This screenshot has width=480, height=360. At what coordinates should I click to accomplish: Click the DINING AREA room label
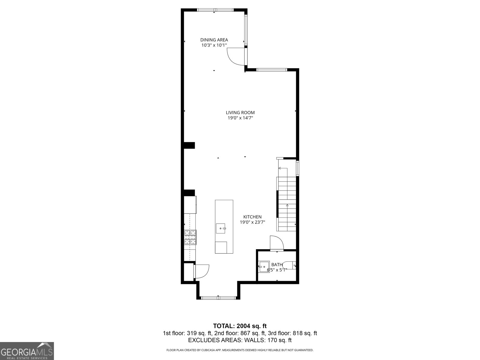[x=214, y=40]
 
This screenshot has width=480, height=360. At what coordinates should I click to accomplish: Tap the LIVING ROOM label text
[x=240, y=112]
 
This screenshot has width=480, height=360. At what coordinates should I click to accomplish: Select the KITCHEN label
[x=252, y=217]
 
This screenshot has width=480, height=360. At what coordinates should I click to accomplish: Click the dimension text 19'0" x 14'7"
[x=240, y=118]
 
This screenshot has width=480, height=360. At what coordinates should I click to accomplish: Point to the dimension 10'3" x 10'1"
[x=214, y=45]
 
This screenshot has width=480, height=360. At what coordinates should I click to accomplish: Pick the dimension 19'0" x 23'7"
[x=252, y=222]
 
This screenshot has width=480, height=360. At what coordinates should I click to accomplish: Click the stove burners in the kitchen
[x=190, y=237]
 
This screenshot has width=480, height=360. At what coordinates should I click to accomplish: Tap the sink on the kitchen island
[x=221, y=228]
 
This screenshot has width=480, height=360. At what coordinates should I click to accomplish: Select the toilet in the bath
[x=290, y=265]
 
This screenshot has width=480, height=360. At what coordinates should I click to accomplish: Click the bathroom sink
[x=264, y=266]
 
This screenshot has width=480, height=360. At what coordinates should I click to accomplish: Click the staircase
[x=286, y=204]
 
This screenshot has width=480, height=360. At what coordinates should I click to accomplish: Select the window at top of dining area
[x=215, y=10]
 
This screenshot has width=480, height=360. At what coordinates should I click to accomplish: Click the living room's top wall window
[x=271, y=70]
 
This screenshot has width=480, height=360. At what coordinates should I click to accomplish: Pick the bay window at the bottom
[x=218, y=298]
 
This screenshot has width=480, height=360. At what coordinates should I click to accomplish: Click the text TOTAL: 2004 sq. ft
[x=240, y=326]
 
